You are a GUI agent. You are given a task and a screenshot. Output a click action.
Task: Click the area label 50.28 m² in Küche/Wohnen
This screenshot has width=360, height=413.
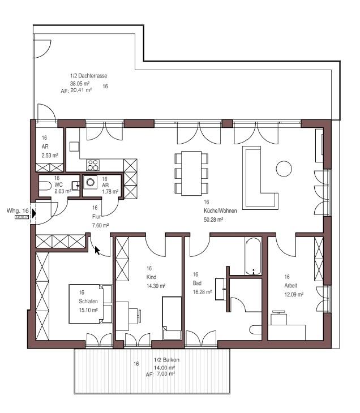tap(213, 219)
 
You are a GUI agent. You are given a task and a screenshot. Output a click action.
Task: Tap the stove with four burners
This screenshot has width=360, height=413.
tap(92, 165)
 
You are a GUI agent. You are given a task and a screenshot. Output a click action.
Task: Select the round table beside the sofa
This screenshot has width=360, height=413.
tap(284, 168)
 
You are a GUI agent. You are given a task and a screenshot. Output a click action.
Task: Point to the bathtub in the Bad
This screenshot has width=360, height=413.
tap(253, 256)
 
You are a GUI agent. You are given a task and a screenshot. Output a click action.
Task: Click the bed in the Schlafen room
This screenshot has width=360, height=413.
tap(91, 303)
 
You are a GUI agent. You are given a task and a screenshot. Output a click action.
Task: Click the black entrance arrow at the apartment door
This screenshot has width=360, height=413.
tap(34, 213)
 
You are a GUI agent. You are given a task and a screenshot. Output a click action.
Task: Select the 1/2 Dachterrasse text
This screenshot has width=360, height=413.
tap(89, 75)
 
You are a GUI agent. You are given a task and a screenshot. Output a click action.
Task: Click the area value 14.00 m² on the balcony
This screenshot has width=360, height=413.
tap(164, 368)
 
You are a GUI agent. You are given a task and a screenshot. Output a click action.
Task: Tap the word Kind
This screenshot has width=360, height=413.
tap(151, 277)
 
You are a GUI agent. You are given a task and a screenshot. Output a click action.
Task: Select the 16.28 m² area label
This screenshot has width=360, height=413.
tap(202, 292)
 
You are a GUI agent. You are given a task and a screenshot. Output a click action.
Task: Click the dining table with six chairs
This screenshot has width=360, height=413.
tap(191, 173)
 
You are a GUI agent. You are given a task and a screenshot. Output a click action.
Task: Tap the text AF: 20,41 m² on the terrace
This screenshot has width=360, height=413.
tap(75, 89)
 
